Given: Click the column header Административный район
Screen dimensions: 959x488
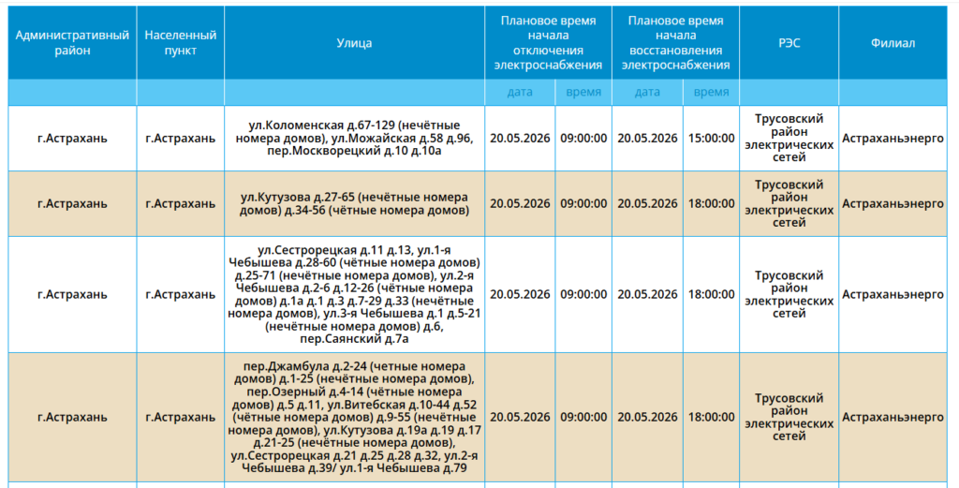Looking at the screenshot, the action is pos(72,43).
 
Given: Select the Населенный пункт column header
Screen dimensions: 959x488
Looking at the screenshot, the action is pos(181,43).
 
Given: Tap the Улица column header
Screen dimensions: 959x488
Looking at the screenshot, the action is pos(354,43).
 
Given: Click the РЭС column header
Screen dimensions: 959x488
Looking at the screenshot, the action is pos(789,43).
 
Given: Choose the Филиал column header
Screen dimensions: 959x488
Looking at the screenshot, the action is pos(893,43).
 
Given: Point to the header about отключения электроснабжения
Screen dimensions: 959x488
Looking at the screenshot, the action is pos(548,43).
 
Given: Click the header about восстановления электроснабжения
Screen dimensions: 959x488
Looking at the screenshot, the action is pos(676,43).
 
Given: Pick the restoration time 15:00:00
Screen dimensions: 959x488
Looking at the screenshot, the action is pos(712,139).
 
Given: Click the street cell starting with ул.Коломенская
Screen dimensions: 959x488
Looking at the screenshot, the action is pos(354,139).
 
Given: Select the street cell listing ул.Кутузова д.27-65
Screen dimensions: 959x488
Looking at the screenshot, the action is pos(354,203).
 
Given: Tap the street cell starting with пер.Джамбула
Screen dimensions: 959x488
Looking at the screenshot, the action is pos(354,417).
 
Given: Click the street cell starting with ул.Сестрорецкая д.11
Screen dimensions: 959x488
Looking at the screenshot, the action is pos(354,294).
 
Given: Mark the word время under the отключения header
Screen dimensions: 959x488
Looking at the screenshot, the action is pos(583,93).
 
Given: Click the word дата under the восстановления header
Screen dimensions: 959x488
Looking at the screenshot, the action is pos(647,93).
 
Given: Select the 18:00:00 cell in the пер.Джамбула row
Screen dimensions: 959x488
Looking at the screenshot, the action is pos(712,417).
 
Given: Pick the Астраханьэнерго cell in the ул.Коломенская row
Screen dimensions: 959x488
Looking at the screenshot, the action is pos(893,139).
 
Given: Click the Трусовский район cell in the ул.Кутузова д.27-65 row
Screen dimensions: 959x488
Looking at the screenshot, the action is pos(789,203).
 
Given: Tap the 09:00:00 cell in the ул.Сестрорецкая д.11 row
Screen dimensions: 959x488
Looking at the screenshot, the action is pos(583,294).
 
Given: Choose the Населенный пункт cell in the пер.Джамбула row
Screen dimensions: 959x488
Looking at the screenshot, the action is pos(181,417).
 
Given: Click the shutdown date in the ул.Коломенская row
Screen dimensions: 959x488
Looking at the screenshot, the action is pos(520,139).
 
